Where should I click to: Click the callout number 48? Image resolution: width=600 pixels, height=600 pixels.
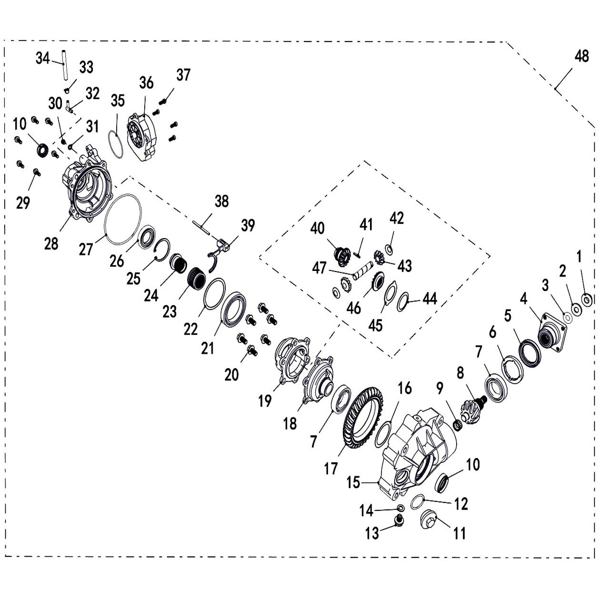(x=581, y=57)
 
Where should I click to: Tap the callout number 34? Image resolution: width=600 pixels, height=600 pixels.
(x=43, y=58)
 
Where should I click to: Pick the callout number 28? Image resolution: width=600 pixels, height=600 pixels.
(x=51, y=243)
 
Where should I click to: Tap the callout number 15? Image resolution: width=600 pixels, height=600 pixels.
(x=353, y=482)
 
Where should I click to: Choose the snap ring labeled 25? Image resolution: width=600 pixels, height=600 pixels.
(x=162, y=250)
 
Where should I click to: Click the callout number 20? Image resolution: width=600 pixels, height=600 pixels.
(x=231, y=375)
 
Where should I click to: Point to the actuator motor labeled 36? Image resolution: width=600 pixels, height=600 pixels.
(x=142, y=137)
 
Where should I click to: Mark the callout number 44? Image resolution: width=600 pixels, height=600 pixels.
(x=430, y=299)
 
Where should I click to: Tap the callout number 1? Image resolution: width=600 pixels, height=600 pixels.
(x=579, y=257)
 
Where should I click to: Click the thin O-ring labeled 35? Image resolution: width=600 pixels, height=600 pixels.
(x=116, y=144)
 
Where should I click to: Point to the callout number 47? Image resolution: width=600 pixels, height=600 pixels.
(x=319, y=268)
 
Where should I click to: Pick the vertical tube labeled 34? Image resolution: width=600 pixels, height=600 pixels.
(x=64, y=64)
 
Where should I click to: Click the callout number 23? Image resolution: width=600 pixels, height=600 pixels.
(x=170, y=311)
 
